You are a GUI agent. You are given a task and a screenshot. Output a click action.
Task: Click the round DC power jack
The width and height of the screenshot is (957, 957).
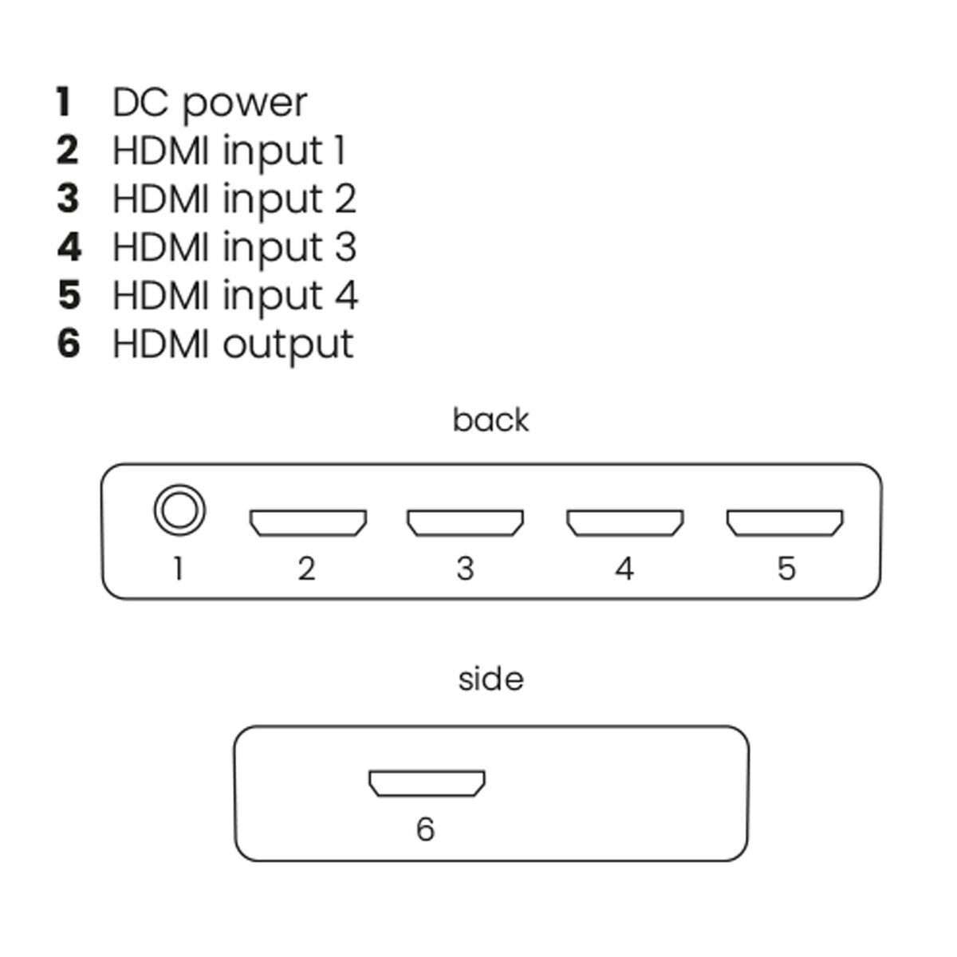[x=179, y=510]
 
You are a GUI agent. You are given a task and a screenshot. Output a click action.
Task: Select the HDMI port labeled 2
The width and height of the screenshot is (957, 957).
[x=308, y=522]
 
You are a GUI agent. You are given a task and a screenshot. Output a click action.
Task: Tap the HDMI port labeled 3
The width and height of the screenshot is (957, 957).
[x=465, y=522]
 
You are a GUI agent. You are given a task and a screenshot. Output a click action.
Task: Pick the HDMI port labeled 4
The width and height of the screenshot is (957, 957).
[x=624, y=522]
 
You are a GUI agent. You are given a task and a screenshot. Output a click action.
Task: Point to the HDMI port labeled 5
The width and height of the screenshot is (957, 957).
[x=784, y=522]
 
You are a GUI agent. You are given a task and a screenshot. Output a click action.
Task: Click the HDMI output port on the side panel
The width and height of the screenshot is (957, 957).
[x=427, y=782]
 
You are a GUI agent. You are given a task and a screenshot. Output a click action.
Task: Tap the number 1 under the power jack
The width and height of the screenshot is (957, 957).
[x=178, y=569]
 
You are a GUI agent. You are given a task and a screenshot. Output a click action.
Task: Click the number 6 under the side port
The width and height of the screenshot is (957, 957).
[x=425, y=829]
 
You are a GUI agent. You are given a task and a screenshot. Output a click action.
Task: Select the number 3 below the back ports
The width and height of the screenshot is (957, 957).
[x=465, y=569]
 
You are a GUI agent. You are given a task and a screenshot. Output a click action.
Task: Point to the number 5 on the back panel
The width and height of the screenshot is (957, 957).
[x=786, y=569]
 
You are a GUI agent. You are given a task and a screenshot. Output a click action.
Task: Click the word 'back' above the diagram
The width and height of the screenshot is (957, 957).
[x=490, y=420]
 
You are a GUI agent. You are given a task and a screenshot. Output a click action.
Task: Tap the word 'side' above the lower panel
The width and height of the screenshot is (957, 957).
[x=490, y=679]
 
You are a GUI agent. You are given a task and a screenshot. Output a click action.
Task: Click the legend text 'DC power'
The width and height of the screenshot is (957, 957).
[x=209, y=103]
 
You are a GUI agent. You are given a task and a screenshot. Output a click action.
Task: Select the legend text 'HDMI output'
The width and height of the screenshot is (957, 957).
[x=232, y=344]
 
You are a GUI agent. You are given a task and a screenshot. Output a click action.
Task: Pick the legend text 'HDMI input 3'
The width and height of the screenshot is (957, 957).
[x=234, y=246]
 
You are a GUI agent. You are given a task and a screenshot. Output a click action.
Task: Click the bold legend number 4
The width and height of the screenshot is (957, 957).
[x=69, y=246]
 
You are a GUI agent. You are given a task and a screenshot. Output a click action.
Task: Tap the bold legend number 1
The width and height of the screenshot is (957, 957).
[x=64, y=102]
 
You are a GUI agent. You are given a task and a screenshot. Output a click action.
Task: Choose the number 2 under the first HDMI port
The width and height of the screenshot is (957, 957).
[x=306, y=569]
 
